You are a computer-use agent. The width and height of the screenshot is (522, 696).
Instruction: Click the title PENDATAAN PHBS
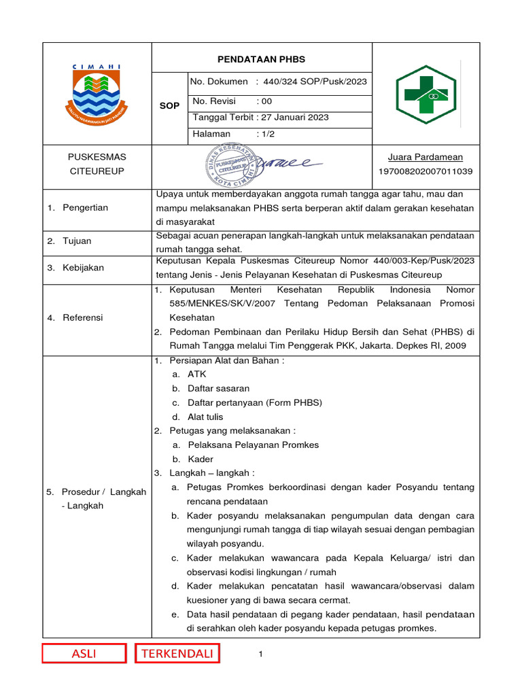[x=262, y=59]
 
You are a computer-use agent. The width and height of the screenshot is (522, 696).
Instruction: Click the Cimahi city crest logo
[x=97, y=93]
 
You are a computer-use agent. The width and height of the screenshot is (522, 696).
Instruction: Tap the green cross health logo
[x=426, y=94]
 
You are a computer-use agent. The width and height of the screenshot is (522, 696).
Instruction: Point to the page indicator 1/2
[x=266, y=134]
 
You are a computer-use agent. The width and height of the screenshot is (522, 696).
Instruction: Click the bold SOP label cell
[x=169, y=106]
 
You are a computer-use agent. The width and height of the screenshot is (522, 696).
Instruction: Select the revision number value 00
[x=262, y=101]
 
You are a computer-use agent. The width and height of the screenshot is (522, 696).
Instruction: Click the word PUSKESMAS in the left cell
[x=97, y=157]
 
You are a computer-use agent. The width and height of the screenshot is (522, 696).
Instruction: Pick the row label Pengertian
[x=85, y=207]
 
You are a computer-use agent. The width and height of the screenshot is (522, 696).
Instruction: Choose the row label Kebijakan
[x=83, y=268]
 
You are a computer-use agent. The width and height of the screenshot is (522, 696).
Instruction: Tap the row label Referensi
[x=83, y=317]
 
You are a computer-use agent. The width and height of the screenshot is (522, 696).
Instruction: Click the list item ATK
[x=196, y=374]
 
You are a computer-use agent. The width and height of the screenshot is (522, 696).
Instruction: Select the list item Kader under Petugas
[x=200, y=459]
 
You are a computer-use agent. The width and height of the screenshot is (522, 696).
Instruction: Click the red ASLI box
[x=84, y=654]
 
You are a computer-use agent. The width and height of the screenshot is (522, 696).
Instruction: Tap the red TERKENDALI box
[x=177, y=654]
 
